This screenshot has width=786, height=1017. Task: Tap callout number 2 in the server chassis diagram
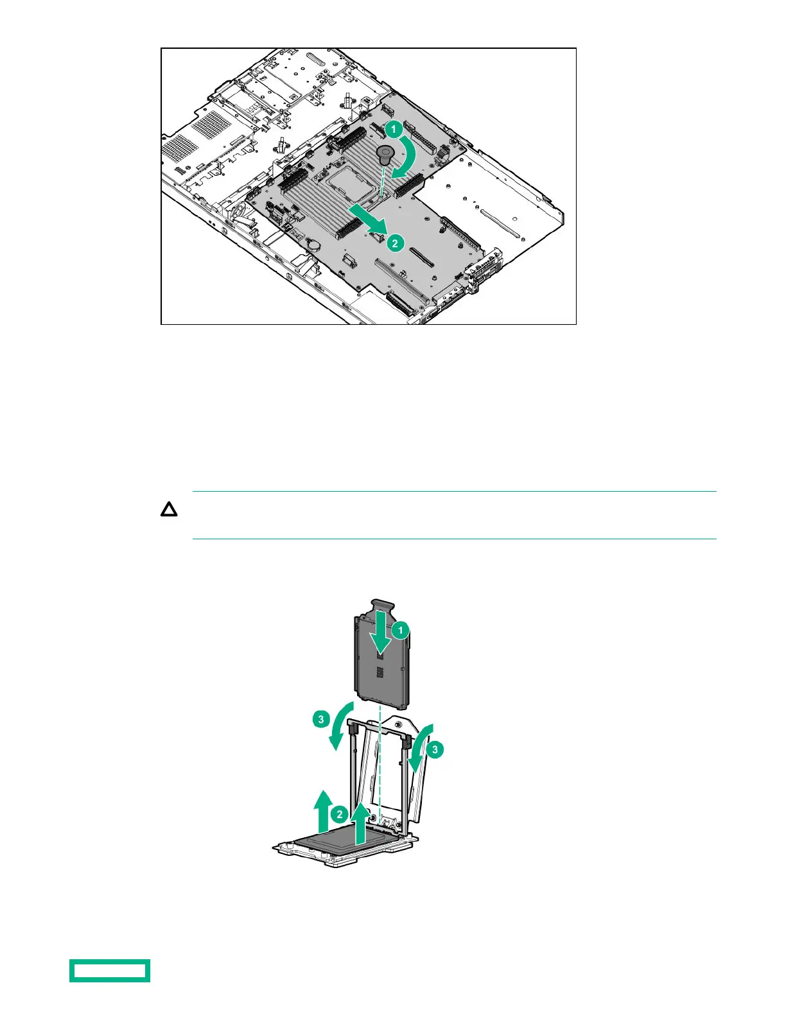point(395,243)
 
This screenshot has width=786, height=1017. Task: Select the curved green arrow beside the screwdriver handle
point(407,158)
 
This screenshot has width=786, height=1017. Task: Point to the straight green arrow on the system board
point(368,220)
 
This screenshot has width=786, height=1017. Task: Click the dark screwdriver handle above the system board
point(385,154)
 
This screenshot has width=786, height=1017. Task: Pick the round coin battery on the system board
point(314,244)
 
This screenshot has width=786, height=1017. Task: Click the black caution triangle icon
point(169,511)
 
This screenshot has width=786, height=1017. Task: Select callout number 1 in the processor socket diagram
point(401,630)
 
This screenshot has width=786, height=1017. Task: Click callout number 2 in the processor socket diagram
point(339,815)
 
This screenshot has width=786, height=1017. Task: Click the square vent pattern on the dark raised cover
point(380,671)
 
